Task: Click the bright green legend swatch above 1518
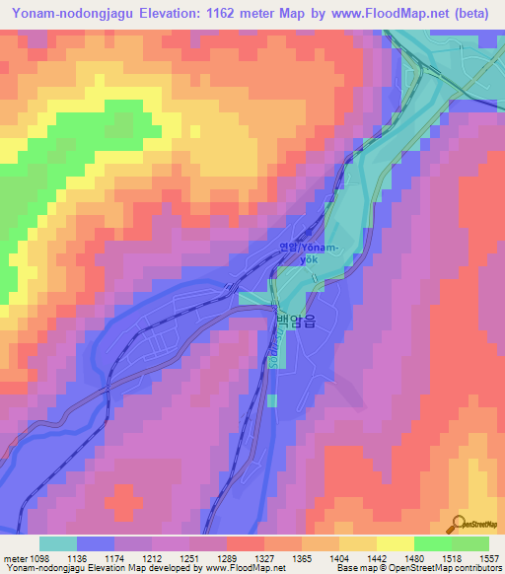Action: coord(432,543)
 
